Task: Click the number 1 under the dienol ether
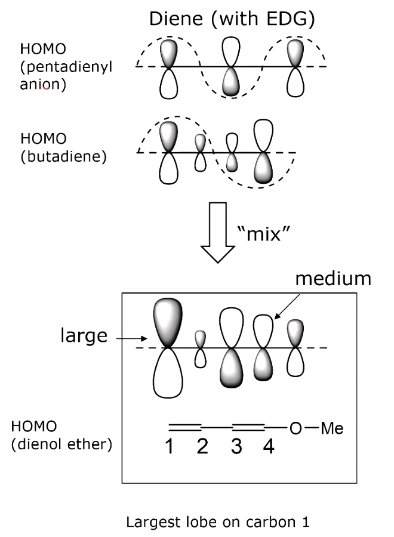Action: click(x=170, y=447)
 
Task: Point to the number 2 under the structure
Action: click(x=202, y=447)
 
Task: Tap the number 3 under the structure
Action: click(x=236, y=447)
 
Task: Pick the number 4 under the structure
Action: click(x=269, y=447)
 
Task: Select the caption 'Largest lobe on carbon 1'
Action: click(x=217, y=523)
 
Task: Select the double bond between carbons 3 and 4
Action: click(x=248, y=427)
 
